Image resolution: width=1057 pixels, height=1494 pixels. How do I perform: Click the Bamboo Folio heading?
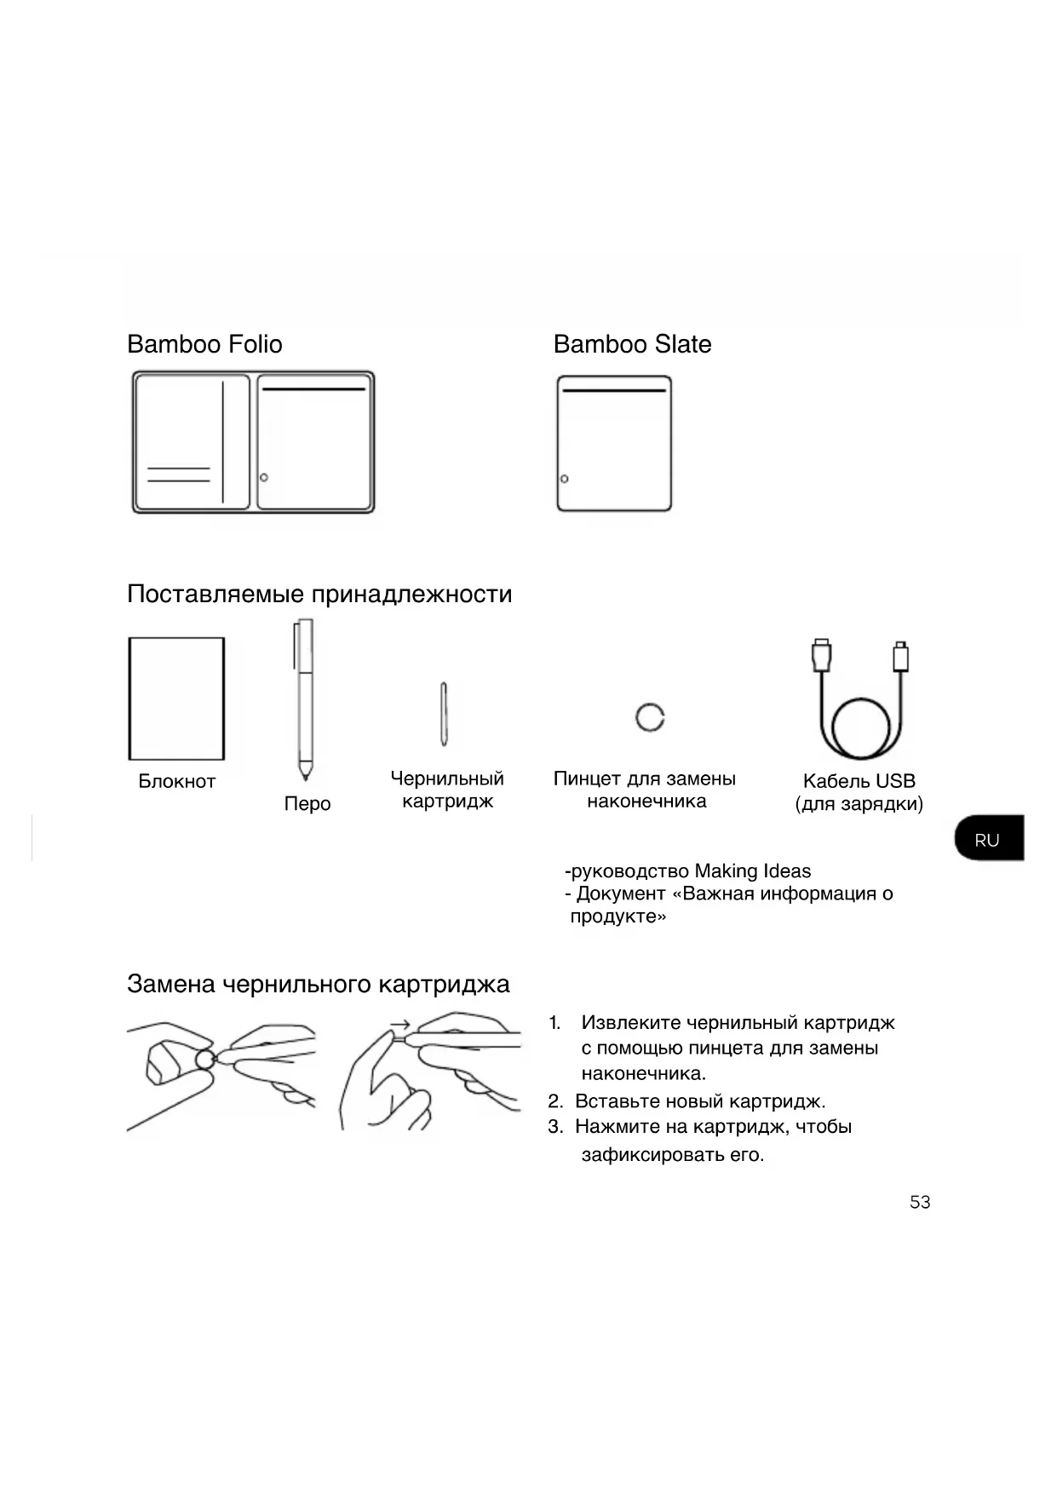point(204,344)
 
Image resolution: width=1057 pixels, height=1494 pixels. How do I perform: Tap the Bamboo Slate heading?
point(632,344)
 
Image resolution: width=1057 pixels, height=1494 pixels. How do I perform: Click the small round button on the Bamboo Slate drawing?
point(564,479)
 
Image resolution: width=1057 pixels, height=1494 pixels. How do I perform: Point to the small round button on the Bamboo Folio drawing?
point(264,477)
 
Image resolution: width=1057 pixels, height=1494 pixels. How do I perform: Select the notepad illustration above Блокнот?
point(176,698)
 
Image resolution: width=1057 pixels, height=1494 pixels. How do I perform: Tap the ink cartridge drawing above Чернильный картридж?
point(444,714)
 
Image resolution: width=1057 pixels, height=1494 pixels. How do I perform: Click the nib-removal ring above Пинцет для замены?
point(650,717)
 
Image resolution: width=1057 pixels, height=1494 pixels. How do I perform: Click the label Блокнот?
point(176,781)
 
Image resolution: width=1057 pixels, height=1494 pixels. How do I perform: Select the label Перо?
point(307,803)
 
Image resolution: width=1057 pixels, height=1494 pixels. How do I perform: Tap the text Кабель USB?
point(859,781)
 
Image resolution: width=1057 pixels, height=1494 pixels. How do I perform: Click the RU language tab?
point(988,840)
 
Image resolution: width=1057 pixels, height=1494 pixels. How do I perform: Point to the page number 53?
point(920,1202)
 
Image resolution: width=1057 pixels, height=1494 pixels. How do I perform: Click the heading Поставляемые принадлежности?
point(319,594)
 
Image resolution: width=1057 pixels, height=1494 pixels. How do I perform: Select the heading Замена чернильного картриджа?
point(318,985)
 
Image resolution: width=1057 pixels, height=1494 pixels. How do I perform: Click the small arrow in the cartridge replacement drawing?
point(399,1025)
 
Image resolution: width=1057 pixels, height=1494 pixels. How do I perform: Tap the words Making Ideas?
point(752,871)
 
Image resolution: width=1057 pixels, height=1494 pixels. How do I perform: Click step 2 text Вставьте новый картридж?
point(700,1101)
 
